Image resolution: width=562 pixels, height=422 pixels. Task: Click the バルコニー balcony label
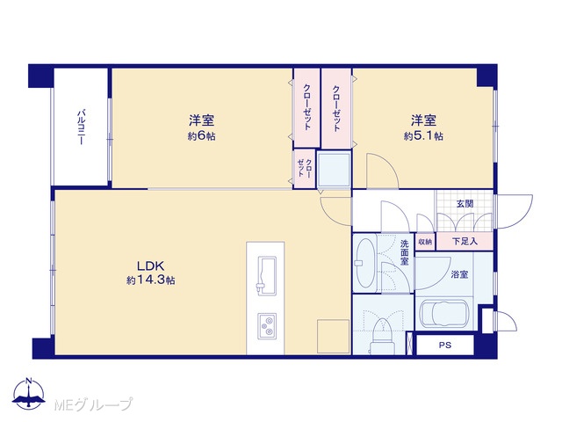[81, 127]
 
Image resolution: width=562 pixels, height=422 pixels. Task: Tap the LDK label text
[150, 266]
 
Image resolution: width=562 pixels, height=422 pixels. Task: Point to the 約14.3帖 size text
[150, 280]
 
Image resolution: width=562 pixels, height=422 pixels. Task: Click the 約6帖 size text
[202, 136]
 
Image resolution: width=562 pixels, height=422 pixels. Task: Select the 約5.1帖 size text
[423, 136]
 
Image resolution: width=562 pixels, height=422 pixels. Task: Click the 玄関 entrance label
[465, 204]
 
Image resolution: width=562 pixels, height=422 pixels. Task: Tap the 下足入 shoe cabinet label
[465, 242]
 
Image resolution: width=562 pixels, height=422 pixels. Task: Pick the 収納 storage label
[425, 243]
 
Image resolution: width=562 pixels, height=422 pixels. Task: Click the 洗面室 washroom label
[404, 252]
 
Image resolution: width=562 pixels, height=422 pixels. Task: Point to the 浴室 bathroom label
[459, 275]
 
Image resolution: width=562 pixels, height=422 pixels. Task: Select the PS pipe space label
[445, 346]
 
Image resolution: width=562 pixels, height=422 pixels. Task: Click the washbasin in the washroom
[364, 263]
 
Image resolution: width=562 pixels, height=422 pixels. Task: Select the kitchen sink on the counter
[267, 275]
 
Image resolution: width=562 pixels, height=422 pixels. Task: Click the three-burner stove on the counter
[267, 326]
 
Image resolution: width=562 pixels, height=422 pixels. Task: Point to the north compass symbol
[29, 393]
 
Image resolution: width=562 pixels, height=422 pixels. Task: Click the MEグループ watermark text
[93, 404]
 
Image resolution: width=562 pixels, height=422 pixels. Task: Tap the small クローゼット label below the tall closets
[305, 168]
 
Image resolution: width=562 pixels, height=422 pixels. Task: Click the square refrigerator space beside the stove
[333, 336]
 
